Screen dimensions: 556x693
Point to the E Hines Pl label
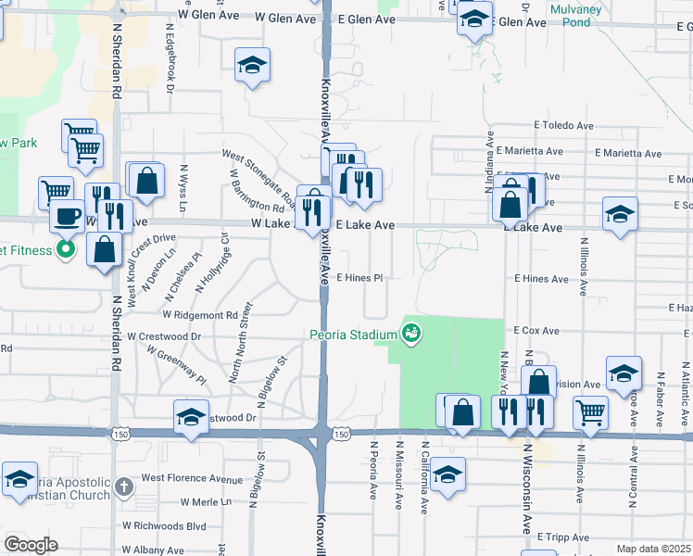(359, 278)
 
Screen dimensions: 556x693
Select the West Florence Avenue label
(192, 479)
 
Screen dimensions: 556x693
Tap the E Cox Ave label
(536, 331)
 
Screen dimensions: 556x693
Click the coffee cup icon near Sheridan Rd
(66, 216)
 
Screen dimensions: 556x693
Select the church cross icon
(126, 486)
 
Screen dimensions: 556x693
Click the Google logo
(31, 545)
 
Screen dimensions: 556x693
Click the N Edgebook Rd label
(171, 64)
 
